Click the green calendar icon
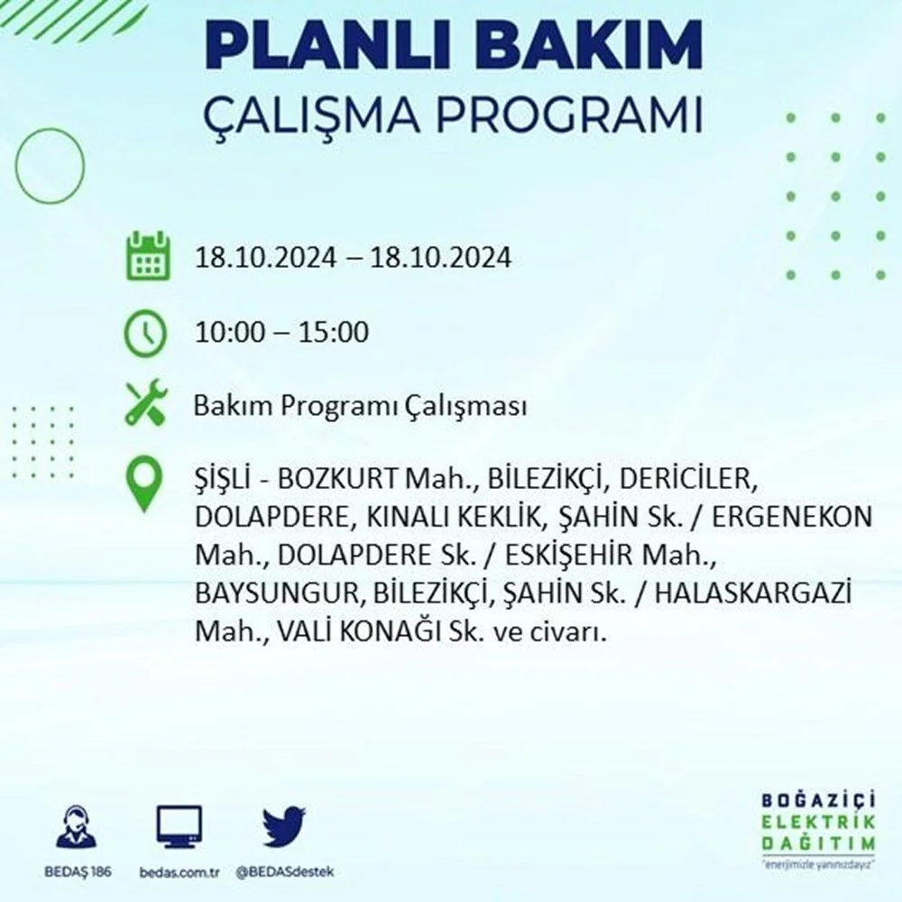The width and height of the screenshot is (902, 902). [148, 256]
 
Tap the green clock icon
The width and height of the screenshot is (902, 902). [145, 334]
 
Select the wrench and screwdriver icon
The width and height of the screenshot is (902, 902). [146, 402]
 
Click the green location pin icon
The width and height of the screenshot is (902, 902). [143, 484]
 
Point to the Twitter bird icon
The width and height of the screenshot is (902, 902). [284, 826]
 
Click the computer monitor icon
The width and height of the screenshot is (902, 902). [179, 827]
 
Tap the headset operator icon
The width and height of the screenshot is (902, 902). [77, 826]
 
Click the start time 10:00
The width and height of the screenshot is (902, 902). [231, 333]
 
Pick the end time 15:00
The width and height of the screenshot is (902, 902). [334, 333]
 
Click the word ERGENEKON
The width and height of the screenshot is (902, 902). [792, 517]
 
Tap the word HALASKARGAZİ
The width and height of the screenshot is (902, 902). [753, 594]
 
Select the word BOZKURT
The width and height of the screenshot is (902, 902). [337, 479]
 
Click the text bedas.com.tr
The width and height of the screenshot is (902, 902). [179, 872]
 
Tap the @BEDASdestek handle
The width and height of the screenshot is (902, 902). [285, 872]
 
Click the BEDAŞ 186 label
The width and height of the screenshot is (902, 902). [78, 871]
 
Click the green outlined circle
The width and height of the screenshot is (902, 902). [50, 131]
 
